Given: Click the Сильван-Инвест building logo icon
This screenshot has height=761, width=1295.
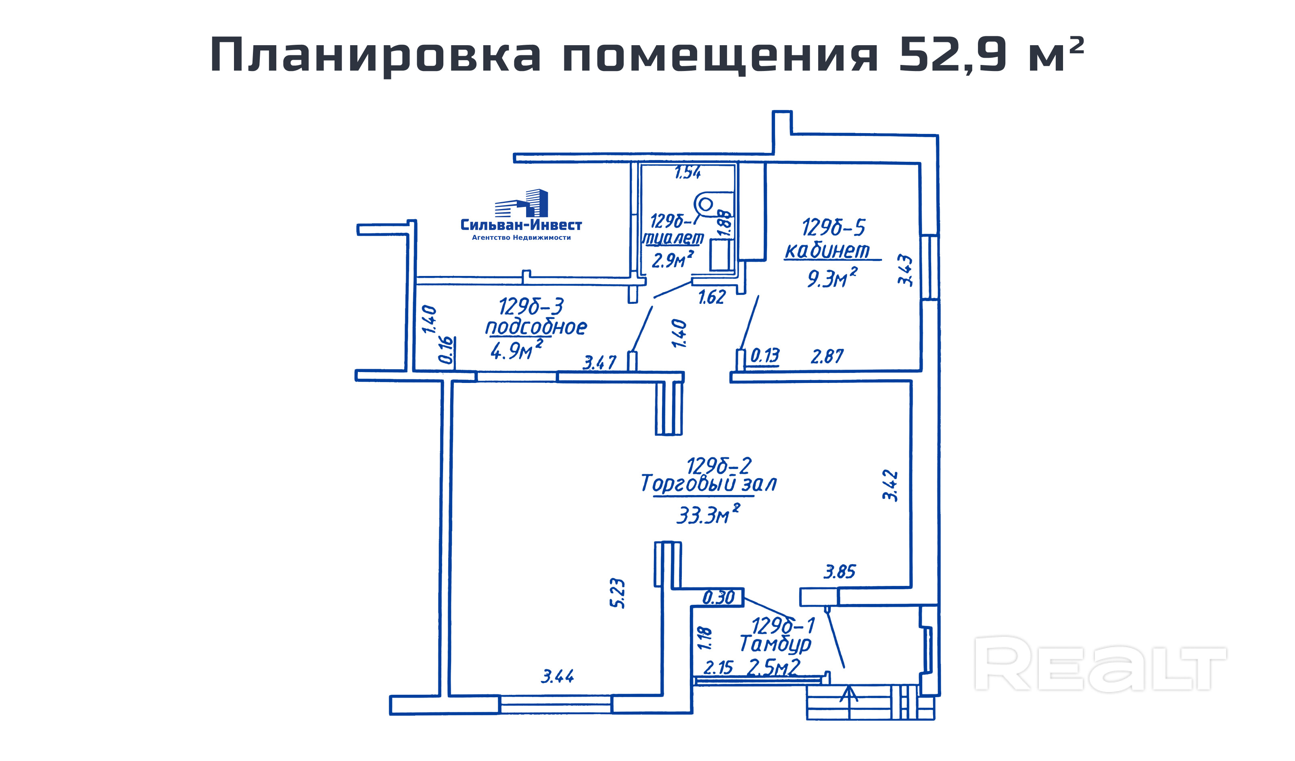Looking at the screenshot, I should [x=521, y=203].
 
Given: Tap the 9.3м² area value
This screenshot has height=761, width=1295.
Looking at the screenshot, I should [x=831, y=278].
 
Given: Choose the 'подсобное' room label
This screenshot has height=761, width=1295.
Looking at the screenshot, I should [x=536, y=327].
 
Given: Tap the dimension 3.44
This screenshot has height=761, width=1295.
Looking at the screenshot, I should [x=557, y=676].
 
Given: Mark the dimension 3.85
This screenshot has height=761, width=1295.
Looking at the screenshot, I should [x=840, y=572].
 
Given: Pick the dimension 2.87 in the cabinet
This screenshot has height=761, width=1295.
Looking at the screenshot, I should [x=827, y=357].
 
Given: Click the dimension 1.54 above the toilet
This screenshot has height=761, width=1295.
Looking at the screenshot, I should [x=687, y=173].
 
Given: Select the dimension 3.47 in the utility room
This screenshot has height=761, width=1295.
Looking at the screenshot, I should [x=599, y=363].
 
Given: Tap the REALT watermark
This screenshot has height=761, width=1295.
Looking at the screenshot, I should [x=1100, y=663].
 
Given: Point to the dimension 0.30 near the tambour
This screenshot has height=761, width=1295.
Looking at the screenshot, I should [x=719, y=598].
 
